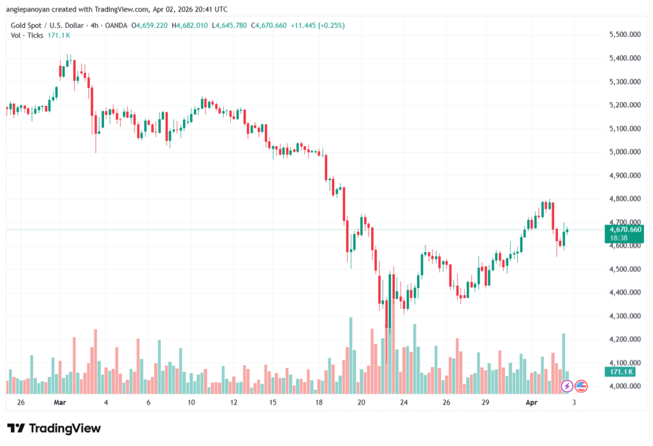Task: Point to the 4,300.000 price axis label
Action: tap(625, 316)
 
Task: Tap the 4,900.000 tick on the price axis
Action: tap(625, 175)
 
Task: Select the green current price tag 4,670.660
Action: tap(626, 229)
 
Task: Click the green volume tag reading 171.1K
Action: tap(621, 371)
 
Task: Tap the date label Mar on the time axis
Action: tap(60, 403)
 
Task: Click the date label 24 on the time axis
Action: tap(404, 403)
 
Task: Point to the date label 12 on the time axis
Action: tap(234, 403)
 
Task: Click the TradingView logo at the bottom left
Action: tap(54, 428)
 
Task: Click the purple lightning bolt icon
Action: tap(566, 386)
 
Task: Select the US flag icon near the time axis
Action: tap(581, 386)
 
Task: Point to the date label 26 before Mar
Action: tap(21, 403)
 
